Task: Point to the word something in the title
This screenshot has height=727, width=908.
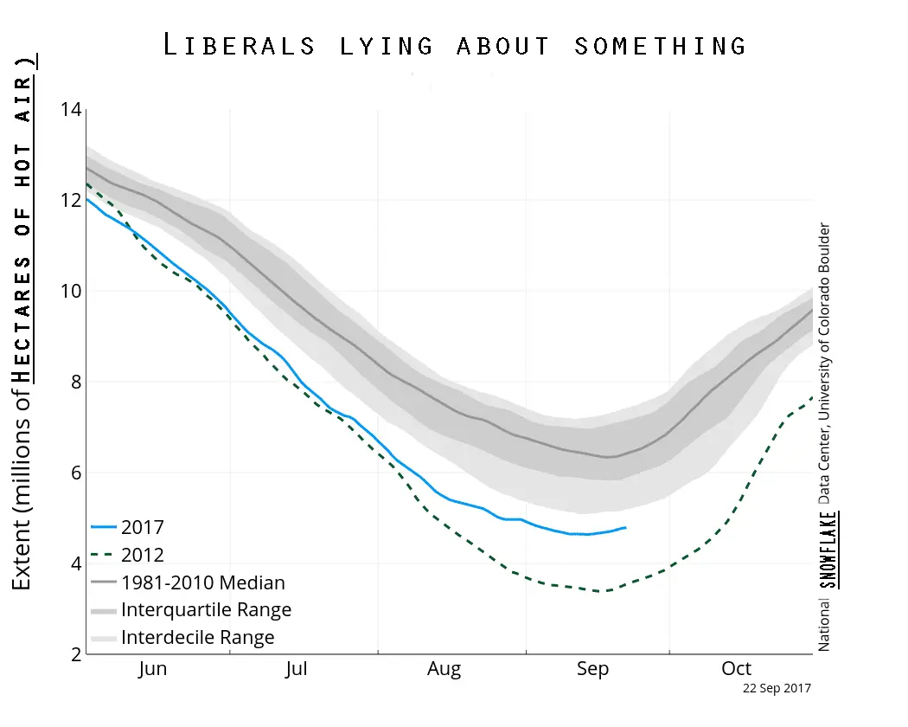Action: click(661, 45)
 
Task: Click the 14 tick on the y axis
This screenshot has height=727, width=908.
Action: click(70, 110)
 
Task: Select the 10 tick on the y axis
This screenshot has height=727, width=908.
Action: click(70, 291)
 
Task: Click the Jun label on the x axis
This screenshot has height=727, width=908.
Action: click(152, 669)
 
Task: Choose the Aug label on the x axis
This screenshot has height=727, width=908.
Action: click(444, 669)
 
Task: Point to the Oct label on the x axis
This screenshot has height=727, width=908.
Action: click(737, 669)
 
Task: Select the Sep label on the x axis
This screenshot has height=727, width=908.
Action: click(592, 669)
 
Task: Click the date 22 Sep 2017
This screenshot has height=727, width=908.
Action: click(777, 689)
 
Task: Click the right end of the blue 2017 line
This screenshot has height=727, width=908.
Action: click(626, 527)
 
